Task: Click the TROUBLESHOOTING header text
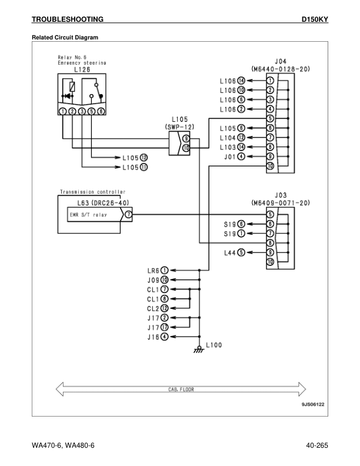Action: pos(68,19)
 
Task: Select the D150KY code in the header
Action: pos(314,19)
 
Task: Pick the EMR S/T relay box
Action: pos(89,216)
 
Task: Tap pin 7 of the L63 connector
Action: pos(128,216)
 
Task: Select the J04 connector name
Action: pos(281,61)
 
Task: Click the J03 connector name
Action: pos(281,195)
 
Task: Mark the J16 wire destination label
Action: pos(154,337)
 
